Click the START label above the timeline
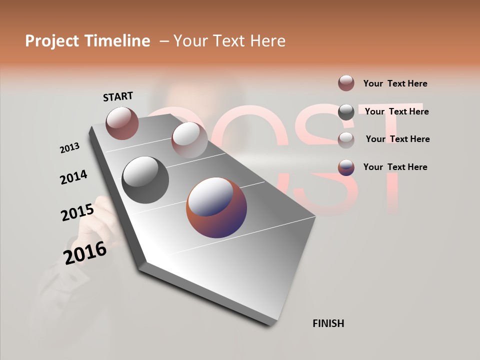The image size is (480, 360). pos(118,96)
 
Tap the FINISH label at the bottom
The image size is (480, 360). pos(328,323)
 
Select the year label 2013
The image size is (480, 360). pos(69,148)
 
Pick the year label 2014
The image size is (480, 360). pos(73,177)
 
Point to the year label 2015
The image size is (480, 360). pos(77,212)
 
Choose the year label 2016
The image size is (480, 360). pos(85,252)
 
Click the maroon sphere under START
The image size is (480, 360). pos(122,123)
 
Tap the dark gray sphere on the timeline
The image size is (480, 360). pos(145,180)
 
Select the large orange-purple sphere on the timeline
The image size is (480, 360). pos(216,207)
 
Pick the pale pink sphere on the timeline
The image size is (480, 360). pos(189,140)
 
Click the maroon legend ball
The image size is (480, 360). pos(346,83)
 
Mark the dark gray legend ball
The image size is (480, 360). pos(346,112)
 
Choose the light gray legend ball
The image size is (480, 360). pos(346,139)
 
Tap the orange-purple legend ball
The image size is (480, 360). pos(346,167)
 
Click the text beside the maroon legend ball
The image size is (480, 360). pos(395,83)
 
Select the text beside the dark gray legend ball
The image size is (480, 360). pos(396,111)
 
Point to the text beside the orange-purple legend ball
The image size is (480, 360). pos(395,167)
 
